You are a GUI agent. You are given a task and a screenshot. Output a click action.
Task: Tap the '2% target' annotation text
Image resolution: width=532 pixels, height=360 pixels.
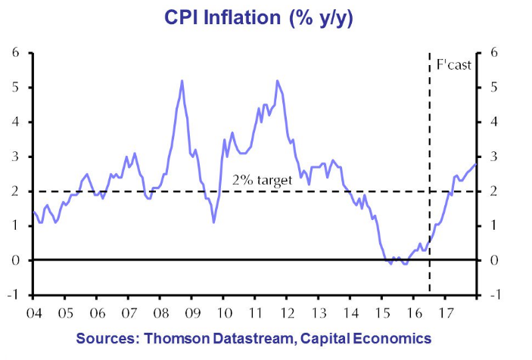263,181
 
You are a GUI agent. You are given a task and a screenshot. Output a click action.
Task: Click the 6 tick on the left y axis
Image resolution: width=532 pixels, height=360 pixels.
15,53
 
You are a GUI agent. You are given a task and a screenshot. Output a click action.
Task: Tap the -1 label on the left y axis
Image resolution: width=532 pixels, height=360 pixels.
13,295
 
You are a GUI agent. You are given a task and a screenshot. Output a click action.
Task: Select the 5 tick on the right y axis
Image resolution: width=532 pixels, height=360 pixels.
494,88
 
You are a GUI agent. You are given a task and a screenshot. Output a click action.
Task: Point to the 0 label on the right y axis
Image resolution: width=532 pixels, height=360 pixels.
494,260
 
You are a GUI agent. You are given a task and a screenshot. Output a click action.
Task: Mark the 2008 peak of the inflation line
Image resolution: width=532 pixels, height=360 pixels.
182,81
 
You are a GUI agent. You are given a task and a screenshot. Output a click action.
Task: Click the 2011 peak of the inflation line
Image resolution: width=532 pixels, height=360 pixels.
277,81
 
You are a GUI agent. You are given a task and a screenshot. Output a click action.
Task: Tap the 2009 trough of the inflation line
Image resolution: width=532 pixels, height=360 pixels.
214,222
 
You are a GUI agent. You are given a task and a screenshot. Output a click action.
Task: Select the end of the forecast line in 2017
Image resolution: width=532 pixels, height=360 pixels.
475,164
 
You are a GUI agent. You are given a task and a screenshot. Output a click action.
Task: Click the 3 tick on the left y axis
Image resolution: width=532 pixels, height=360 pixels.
15,157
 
